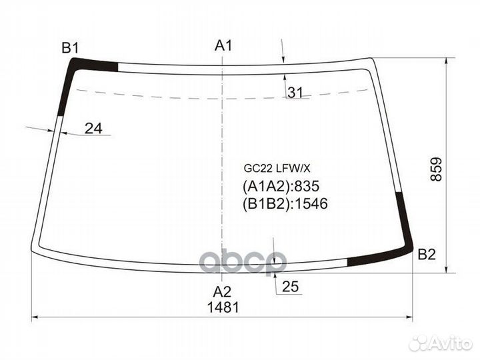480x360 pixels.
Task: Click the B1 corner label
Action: point(71,48)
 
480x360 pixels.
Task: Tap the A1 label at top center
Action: point(223,45)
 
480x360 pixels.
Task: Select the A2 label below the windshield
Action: point(222,292)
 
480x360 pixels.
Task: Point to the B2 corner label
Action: point(427,255)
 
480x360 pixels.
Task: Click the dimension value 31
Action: point(295,92)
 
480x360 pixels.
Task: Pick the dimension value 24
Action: point(93,129)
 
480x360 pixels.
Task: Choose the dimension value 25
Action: point(290,287)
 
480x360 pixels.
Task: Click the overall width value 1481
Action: point(223,307)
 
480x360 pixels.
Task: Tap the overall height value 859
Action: point(436,169)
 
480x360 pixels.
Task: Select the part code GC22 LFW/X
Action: point(277,168)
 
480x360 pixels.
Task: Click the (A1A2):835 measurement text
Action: point(281,186)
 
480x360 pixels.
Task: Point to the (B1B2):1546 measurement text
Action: point(285,203)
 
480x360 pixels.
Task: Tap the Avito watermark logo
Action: point(441,343)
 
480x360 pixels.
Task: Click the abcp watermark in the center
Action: point(244,262)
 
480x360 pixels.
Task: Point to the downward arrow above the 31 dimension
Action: point(283,51)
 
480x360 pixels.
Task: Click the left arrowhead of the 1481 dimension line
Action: point(36,317)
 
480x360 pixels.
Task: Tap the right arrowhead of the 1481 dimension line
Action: point(409,317)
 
